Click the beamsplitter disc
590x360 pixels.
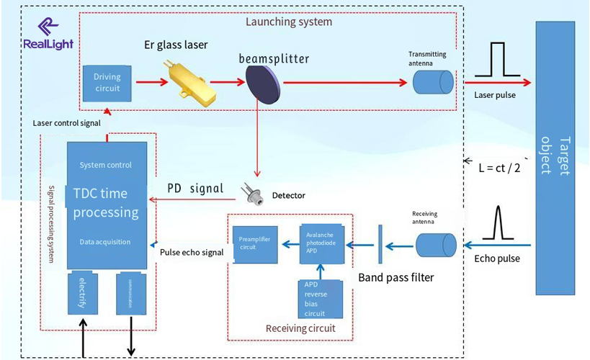tap(260, 84)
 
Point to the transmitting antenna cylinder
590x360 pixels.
tap(434, 84)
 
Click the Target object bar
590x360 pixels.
tap(562, 158)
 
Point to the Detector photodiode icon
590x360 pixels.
tap(256, 193)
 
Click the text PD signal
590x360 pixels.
tap(195, 189)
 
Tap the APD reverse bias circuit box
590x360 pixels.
tap(316, 299)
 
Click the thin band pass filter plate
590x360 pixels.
tap(379, 245)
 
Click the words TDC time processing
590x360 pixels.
tap(106, 203)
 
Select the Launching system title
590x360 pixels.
tap(289, 22)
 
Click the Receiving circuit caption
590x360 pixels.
tap(300, 329)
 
